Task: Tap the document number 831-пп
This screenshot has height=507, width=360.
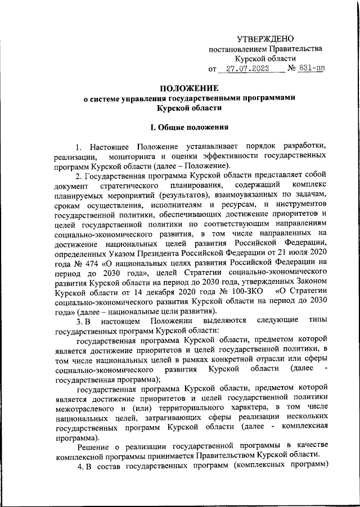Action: click(x=312, y=69)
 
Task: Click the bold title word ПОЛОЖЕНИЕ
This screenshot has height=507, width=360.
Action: click(x=185, y=88)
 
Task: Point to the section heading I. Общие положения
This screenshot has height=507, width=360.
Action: click(x=186, y=127)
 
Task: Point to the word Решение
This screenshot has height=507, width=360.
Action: click(x=93, y=448)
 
